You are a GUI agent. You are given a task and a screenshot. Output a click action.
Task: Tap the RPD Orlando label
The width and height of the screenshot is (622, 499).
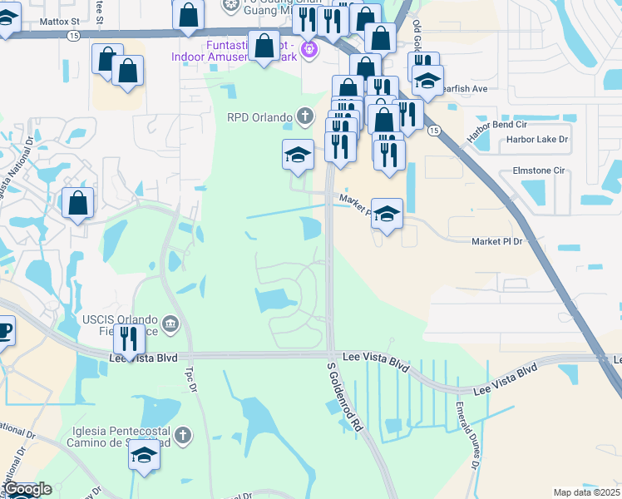pos(259,116)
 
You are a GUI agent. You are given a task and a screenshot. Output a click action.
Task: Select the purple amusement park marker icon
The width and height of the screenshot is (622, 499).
pos(309,48)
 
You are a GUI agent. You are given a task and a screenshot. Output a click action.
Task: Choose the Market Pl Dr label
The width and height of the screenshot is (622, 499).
pos(496,241)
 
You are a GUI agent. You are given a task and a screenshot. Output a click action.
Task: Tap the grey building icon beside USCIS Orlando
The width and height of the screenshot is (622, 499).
pos(170,322)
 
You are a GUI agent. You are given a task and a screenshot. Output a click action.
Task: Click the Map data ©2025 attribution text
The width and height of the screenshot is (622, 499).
pos(586,492)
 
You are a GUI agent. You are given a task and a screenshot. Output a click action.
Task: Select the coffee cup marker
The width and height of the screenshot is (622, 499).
pos(4,329)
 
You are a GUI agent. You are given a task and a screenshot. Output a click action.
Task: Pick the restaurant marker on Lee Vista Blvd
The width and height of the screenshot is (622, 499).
pos(129,339)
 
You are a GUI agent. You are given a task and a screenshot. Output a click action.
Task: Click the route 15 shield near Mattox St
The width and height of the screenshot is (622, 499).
pos(74,36)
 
